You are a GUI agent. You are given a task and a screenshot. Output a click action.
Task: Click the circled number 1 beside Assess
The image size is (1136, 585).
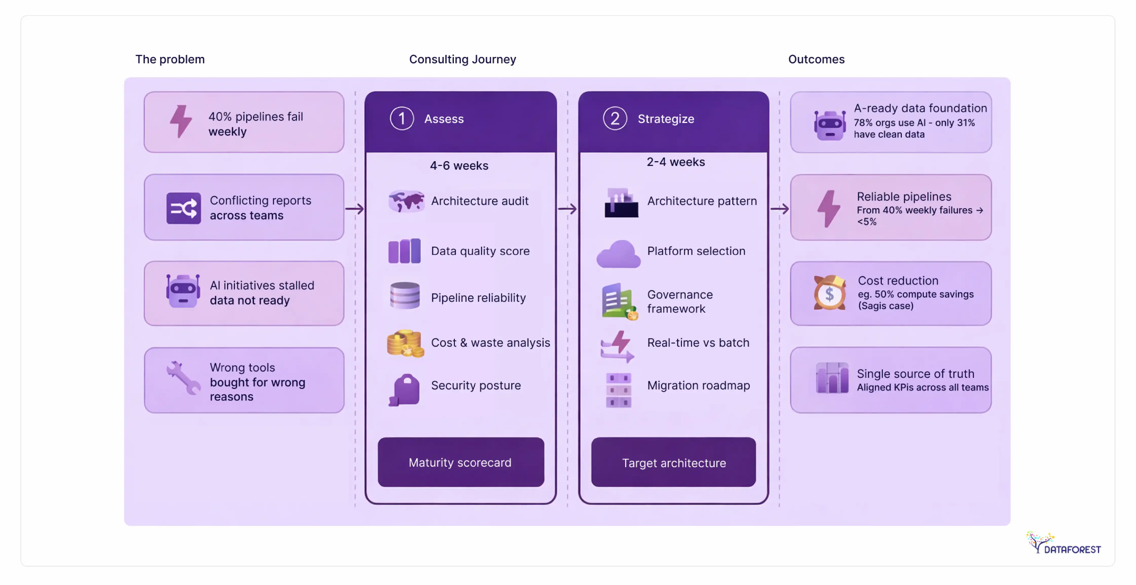coord(401,119)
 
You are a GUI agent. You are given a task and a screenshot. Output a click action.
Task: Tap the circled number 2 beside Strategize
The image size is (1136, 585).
coord(615,119)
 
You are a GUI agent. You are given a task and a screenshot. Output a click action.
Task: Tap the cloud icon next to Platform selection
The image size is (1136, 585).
coord(618,254)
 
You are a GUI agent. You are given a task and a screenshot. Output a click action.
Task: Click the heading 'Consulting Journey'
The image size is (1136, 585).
coord(462,59)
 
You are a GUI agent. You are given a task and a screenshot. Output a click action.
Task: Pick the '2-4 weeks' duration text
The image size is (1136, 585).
coord(676,162)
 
